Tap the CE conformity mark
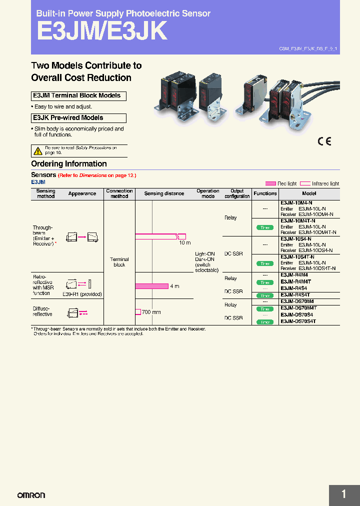pos(324,141)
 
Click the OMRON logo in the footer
pos(31,495)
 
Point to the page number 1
pos(344,494)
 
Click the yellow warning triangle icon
pos(38,150)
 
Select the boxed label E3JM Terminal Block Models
pos(78,96)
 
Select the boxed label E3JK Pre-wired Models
pos(78,118)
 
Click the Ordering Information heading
pos(69,164)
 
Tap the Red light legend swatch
pos(270,183)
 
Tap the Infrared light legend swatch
pos(304,183)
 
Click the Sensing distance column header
pos(164,193)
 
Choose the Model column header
pos(309,193)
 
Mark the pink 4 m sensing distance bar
pos(152,286)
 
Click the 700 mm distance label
pos(151,312)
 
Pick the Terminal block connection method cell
pos(119,262)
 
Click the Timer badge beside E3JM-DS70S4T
pos(265,322)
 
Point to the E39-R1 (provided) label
pos(82,294)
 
